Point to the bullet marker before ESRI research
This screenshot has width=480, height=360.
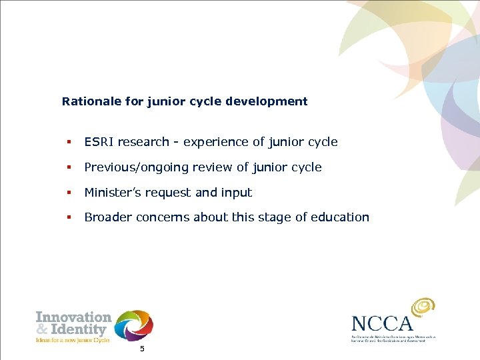(x=68, y=142)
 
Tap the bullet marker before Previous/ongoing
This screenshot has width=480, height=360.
(x=68, y=167)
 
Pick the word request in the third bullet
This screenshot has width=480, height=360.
(x=168, y=193)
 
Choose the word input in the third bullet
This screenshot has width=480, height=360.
(x=237, y=193)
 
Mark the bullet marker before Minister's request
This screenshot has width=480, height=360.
(x=68, y=193)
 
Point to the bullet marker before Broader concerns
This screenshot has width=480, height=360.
(x=68, y=217)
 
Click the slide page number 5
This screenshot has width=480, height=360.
(x=141, y=350)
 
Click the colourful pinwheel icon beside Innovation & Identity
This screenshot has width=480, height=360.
(x=133, y=326)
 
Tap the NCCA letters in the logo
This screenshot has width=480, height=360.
(x=383, y=324)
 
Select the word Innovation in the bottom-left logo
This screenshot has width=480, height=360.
(x=73, y=317)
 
